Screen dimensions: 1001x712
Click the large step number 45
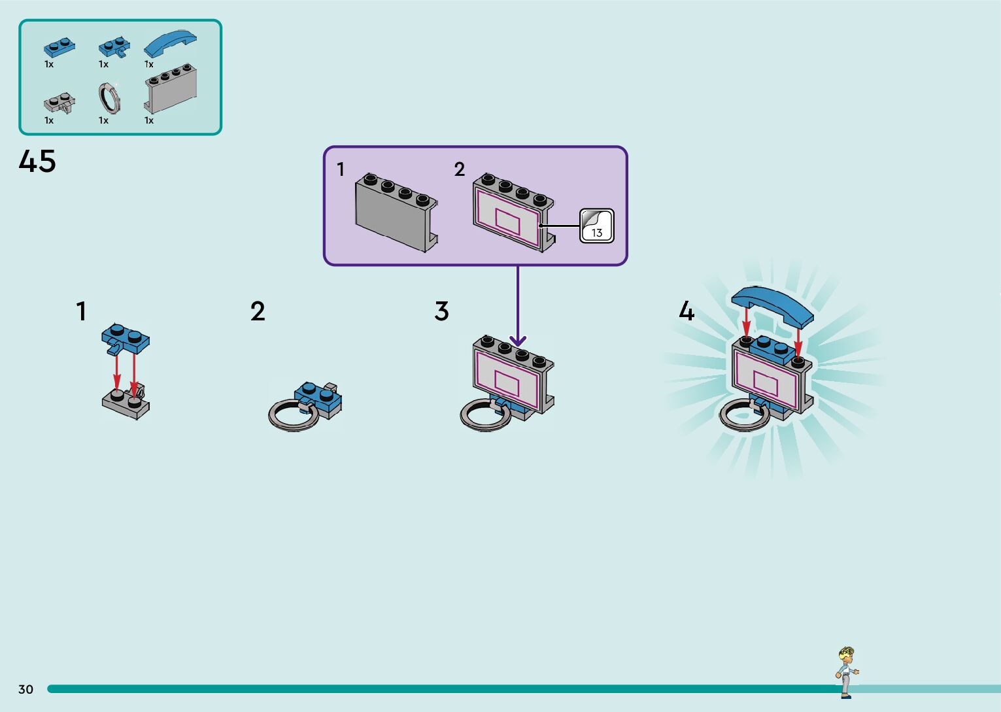37,161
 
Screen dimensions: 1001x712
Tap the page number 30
25,689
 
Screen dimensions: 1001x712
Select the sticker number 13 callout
596,226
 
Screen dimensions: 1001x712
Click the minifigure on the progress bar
847,671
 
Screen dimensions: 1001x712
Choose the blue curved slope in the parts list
170,43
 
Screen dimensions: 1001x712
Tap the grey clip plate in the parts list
59,103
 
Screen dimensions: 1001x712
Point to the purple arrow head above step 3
518,341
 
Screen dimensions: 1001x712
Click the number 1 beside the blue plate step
81,311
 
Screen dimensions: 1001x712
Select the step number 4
686,311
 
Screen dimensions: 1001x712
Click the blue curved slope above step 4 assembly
772,304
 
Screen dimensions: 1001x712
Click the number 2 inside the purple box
459,169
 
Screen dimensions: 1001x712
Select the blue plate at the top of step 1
126,336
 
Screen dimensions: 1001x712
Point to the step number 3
441,311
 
